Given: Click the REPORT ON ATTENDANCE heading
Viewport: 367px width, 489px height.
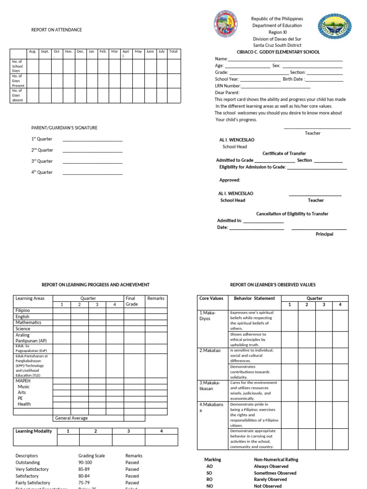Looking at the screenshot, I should (56, 30).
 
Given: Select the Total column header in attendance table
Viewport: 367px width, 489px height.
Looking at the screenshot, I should (173, 51).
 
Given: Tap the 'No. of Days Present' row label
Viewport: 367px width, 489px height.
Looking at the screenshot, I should (18, 81).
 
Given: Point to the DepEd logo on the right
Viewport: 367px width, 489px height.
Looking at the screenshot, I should (335, 25).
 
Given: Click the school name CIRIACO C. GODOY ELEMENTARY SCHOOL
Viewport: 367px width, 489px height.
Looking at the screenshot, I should (278, 52).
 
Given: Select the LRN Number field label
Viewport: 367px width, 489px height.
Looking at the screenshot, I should (227, 86).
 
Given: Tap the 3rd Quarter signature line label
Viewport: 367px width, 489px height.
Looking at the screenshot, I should (42, 161).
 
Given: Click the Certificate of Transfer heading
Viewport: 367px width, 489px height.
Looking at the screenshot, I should (284, 153).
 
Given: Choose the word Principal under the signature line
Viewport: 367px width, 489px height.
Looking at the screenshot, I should (324, 234).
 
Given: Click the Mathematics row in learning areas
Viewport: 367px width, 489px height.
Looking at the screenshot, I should (28, 323).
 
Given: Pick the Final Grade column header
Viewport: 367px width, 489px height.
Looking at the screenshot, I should (132, 301).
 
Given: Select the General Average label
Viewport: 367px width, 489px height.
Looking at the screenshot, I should (71, 418).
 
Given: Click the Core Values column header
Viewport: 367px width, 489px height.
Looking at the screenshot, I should (211, 298).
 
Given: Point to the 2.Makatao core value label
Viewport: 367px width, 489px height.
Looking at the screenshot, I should (210, 351).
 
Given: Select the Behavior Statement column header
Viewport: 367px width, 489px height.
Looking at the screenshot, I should (254, 298).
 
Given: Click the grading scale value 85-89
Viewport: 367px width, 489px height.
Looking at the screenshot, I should (85, 469).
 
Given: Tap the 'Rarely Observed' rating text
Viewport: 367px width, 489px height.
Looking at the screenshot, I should (270, 479).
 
